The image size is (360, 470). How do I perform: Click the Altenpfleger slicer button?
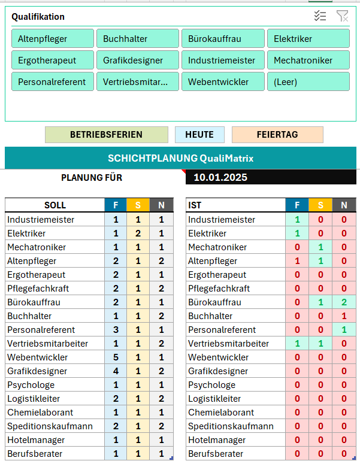coord(52,39)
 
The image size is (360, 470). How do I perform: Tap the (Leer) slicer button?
coord(308,82)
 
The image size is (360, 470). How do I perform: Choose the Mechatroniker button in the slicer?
coord(308,60)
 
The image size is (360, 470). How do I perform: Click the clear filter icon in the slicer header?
coord(342,16)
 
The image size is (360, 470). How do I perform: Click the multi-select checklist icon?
coord(320,16)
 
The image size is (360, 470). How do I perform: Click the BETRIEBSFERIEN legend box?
coord(106,135)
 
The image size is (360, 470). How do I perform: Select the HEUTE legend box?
coord(199,135)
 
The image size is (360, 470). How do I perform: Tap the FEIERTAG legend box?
coord(277,135)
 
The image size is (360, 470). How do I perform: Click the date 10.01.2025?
coord(220,177)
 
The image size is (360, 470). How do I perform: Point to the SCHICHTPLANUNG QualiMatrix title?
coord(180,159)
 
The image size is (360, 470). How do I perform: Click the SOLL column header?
coord(55,205)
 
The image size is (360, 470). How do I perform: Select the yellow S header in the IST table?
coord(320,205)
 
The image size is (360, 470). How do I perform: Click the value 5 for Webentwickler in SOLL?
coord(116,357)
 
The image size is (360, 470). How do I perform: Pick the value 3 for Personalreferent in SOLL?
coord(116,330)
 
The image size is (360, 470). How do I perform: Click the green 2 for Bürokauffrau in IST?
coord(344,302)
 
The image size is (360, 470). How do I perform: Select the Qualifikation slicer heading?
coord(38,17)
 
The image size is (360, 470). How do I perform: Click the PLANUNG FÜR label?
coord(92,177)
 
